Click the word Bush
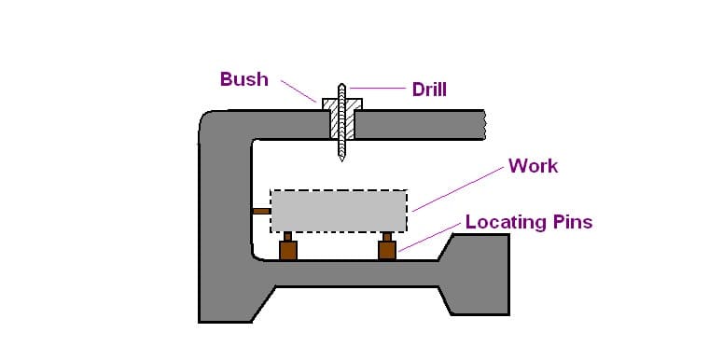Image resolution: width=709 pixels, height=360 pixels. (x=243, y=79)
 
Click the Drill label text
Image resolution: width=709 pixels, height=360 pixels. (x=429, y=90)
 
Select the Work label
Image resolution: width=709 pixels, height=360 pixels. (x=533, y=166)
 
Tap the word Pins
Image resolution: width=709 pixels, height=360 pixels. (x=572, y=222)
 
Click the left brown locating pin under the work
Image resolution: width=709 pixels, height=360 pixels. (x=288, y=250)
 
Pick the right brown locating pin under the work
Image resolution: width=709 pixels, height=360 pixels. (x=388, y=250)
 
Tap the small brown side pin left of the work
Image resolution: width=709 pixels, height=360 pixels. (x=261, y=211)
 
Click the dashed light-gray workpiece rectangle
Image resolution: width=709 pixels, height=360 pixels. (x=339, y=212)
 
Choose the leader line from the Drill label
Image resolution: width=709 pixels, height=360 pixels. (x=378, y=90)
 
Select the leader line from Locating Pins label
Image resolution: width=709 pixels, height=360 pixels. (x=429, y=238)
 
